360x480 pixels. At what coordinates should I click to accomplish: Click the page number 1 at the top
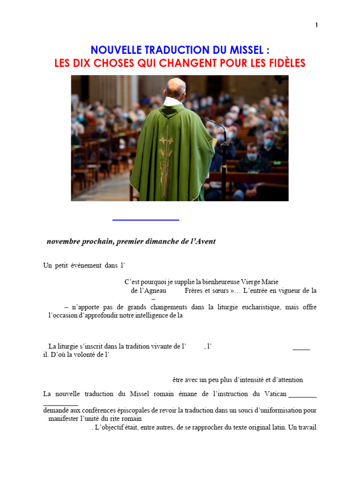tap(316, 25)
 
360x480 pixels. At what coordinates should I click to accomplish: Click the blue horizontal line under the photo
tap(146, 219)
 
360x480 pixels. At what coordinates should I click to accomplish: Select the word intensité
tap(249, 379)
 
